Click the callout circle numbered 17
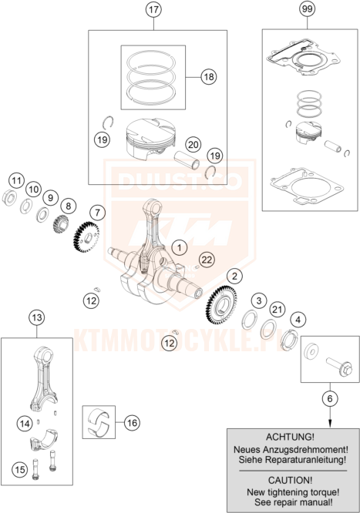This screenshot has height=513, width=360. (x=153, y=9)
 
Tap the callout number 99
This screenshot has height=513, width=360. (x=308, y=8)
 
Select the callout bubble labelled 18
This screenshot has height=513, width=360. (x=209, y=76)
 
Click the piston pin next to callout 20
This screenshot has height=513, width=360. (x=187, y=160)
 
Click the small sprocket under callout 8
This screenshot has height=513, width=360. (x=61, y=224)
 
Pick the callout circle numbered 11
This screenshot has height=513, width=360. (x=16, y=180)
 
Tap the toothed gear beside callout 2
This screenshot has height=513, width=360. (x=223, y=304)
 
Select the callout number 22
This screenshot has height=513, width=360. (x=207, y=260)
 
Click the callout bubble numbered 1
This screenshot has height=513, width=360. (x=179, y=248)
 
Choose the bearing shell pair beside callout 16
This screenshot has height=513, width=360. (x=98, y=422)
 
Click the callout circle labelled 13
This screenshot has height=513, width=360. (x=37, y=317)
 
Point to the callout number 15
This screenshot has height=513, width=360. (x=19, y=470)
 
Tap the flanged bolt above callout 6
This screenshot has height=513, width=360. (x=339, y=367)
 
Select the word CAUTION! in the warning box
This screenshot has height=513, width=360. (x=290, y=481)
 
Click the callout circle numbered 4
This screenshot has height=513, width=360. (x=298, y=320)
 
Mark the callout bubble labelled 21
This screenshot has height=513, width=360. (x=277, y=309)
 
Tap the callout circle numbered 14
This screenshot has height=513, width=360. (x=25, y=424)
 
